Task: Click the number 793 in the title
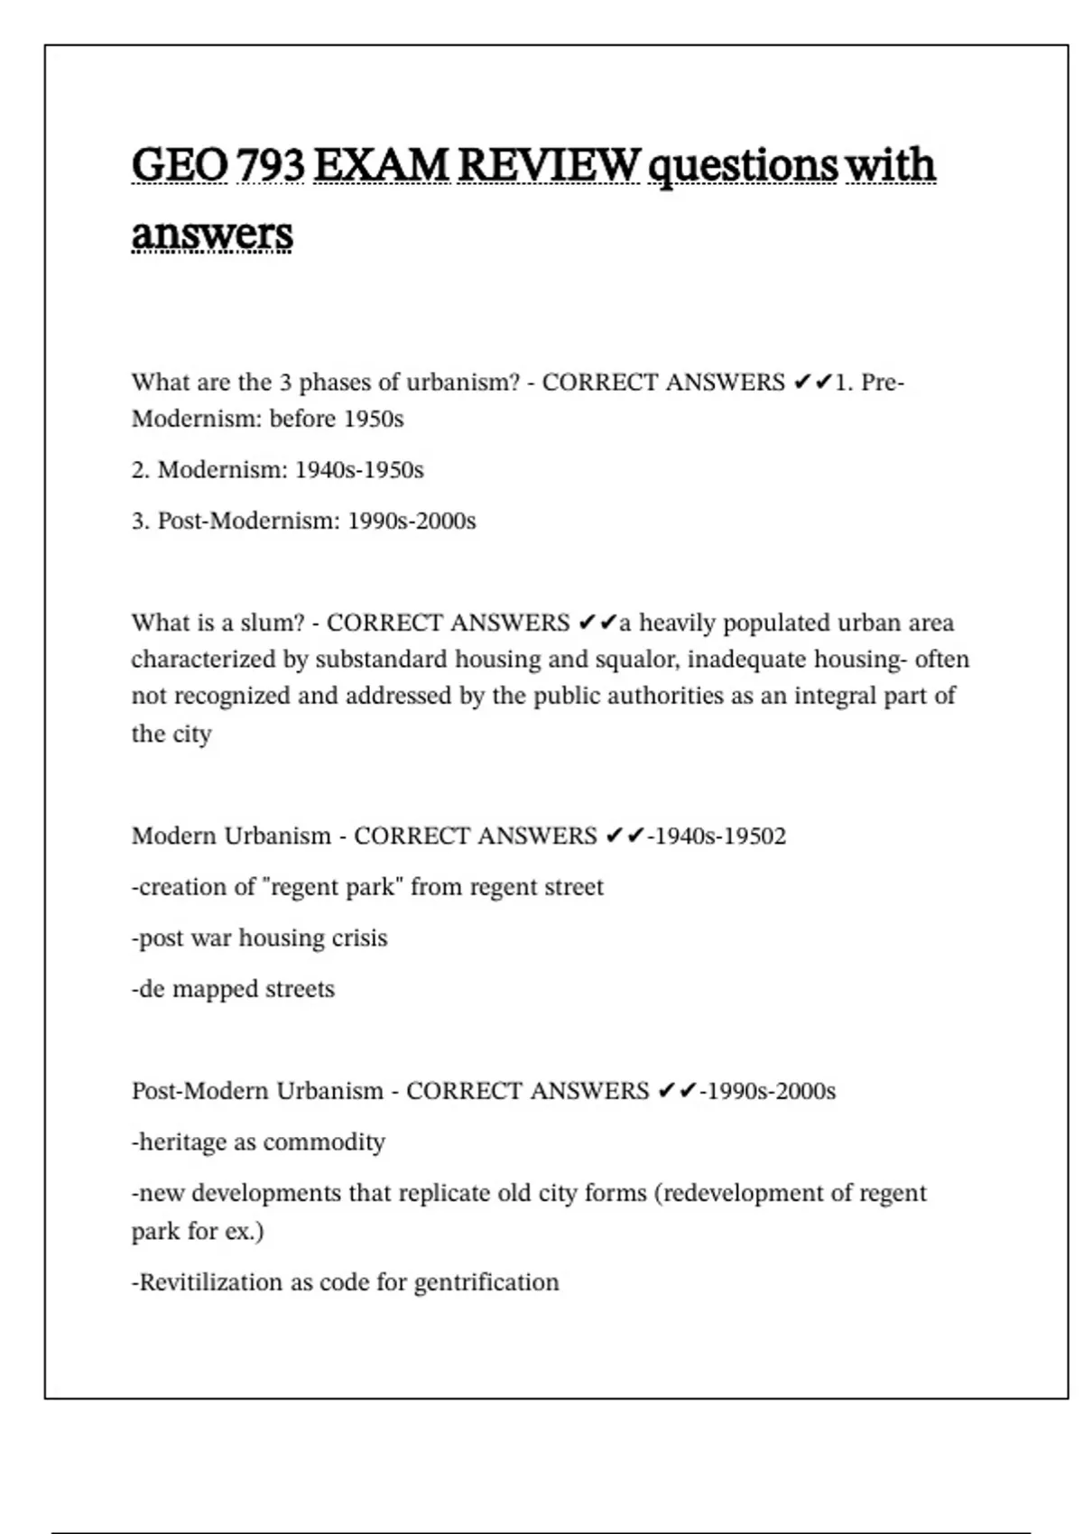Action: pos(271,164)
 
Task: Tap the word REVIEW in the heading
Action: pos(549,164)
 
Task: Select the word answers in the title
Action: pos(212,234)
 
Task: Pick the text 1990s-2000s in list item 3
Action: pos(412,522)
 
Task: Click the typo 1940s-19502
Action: pos(719,836)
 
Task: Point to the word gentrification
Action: pos(486,1282)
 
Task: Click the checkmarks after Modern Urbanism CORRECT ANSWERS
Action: pos(625,836)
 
